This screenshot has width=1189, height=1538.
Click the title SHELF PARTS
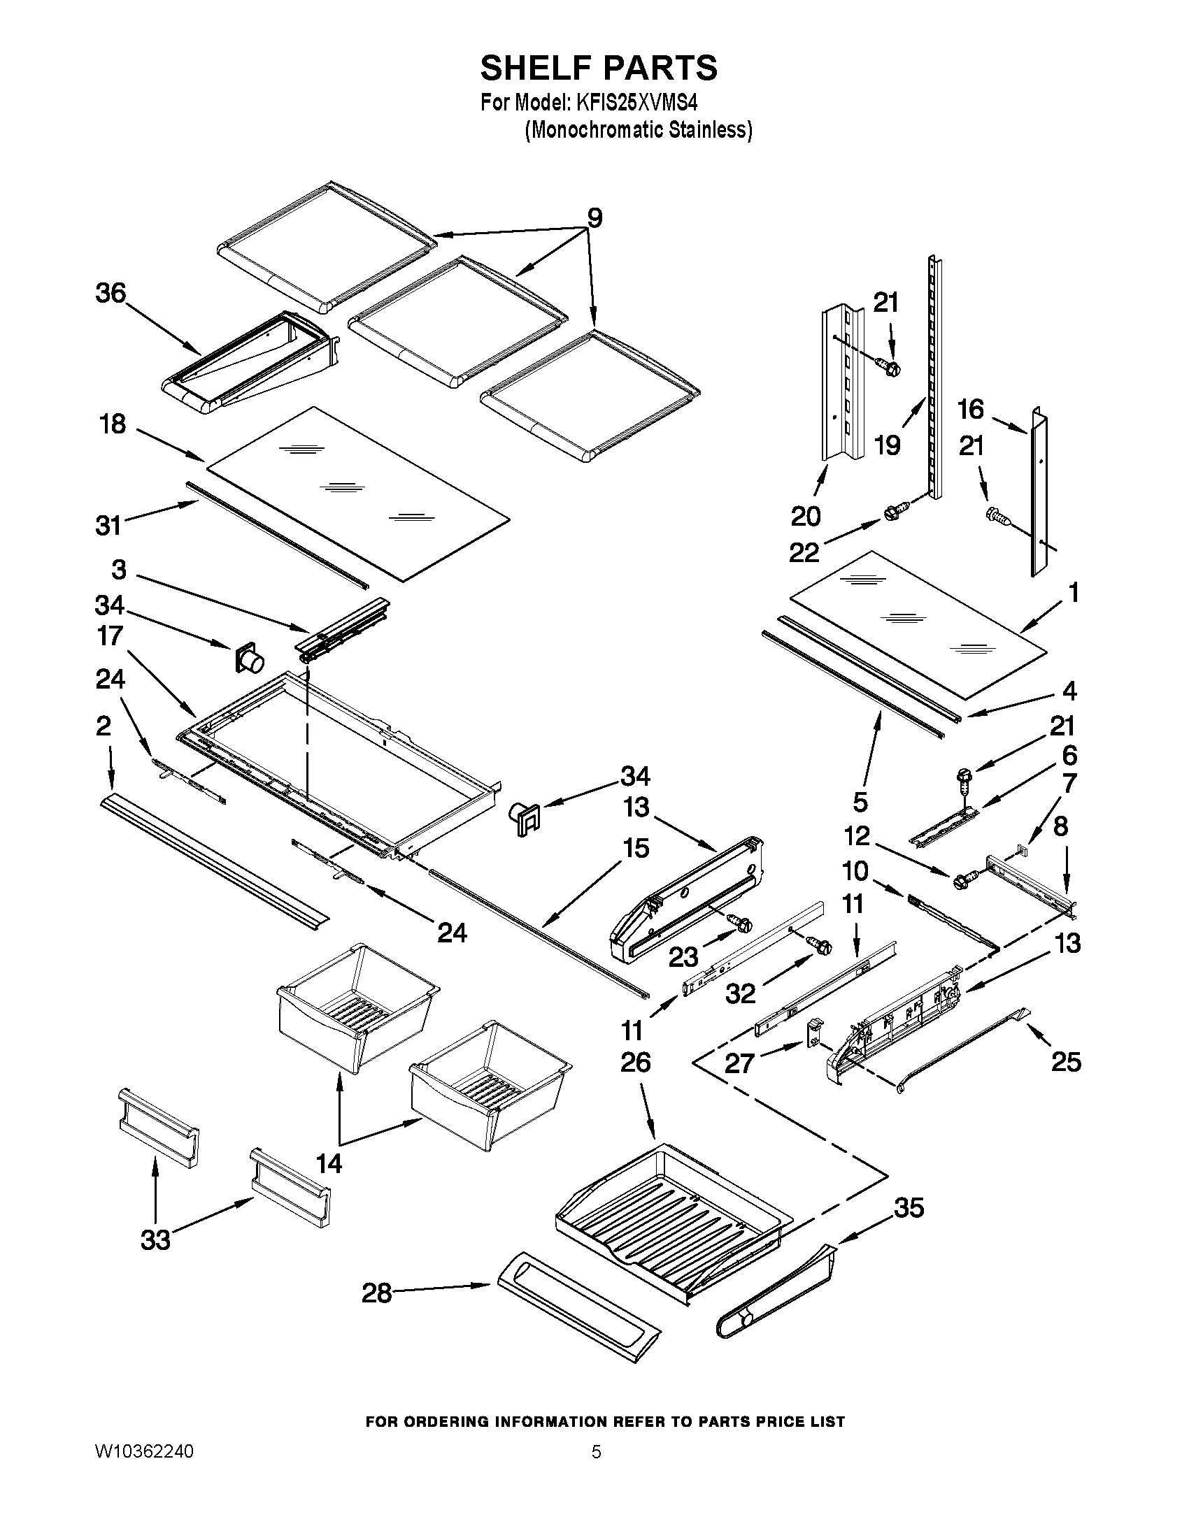point(599,69)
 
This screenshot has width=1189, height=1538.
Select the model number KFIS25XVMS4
point(636,103)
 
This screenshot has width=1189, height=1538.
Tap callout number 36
point(111,293)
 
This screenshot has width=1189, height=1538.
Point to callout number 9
point(594,218)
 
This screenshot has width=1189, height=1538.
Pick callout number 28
point(377,1293)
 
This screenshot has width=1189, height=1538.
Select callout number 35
point(909,1208)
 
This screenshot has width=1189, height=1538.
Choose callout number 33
point(155,1240)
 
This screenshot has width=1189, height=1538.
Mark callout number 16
point(971,409)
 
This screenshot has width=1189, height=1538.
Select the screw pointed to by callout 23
point(740,922)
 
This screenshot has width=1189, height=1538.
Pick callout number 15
point(636,849)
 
